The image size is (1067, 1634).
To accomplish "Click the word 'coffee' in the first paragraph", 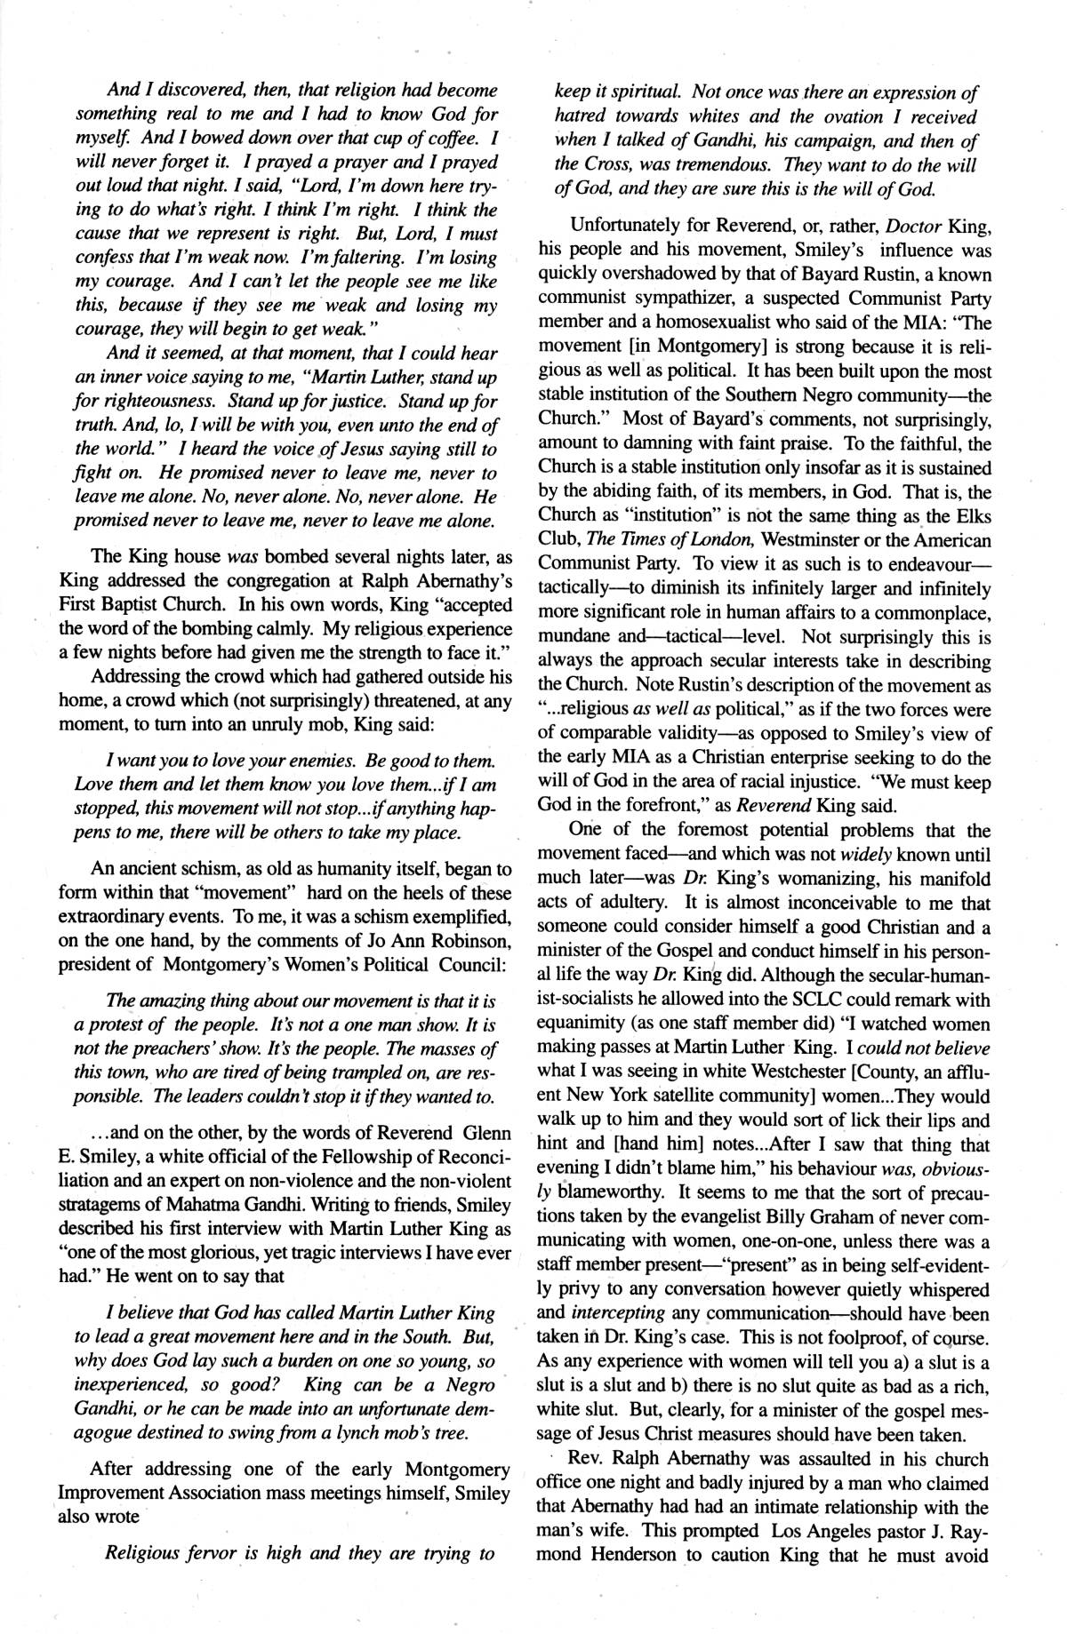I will [x=452, y=139].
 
